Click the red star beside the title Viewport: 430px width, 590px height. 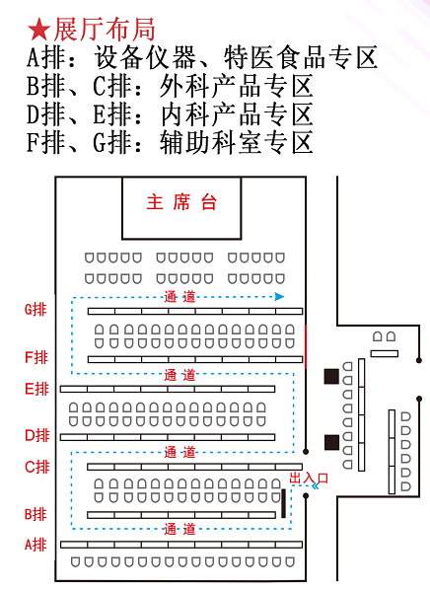click(x=38, y=30)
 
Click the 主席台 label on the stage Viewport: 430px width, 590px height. click(x=181, y=202)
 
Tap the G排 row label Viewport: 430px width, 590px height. click(x=36, y=309)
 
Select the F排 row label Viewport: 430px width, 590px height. click(x=36, y=357)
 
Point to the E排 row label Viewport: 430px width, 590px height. click(x=36, y=389)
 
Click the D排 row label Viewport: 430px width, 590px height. click(x=37, y=435)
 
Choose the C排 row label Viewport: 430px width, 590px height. click(x=37, y=467)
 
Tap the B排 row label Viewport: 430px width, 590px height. click(x=36, y=514)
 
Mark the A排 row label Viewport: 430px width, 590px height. click(x=36, y=545)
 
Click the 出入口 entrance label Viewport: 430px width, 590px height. click(x=309, y=479)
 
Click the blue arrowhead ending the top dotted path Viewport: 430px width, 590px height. click(x=279, y=297)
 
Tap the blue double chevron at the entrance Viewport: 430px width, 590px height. click(x=316, y=485)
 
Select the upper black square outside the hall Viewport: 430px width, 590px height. click(x=331, y=376)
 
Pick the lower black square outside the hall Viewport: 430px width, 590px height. click(x=331, y=442)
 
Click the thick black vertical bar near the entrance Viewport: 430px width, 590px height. click(x=283, y=503)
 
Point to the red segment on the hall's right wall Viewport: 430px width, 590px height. click(x=306, y=346)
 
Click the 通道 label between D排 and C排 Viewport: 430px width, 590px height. click(x=179, y=452)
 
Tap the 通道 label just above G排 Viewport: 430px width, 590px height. click(x=179, y=297)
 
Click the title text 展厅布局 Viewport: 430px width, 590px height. click(x=105, y=30)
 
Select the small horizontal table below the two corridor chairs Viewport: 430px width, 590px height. click(x=385, y=353)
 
